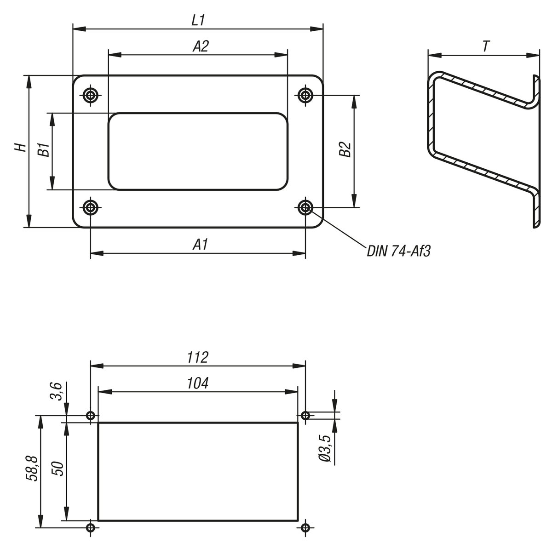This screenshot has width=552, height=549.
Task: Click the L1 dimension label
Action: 198,21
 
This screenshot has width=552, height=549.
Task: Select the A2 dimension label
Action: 201,46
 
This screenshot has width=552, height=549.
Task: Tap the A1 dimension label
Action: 200,245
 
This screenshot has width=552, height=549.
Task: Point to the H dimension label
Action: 21,148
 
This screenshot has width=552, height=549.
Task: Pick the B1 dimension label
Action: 44,149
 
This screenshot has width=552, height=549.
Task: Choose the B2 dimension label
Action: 345,149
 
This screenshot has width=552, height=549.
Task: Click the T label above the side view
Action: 486,46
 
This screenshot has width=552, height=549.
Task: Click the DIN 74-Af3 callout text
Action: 399,252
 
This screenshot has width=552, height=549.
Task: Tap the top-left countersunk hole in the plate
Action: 91,95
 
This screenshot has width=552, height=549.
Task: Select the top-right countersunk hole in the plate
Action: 305,95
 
